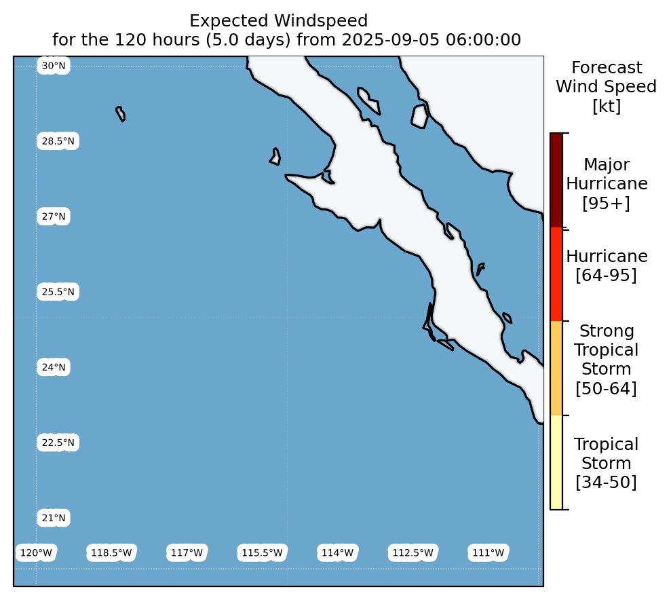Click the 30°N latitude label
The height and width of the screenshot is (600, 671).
[54, 66]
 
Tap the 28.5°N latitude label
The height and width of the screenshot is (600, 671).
[58, 141]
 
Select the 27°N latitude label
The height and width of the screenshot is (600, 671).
[54, 217]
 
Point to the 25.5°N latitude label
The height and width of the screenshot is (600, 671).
[58, 292]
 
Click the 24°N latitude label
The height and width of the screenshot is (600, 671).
[54, 367]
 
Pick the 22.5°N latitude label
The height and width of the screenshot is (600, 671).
[58, 443]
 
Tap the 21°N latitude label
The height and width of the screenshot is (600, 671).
[54, 518]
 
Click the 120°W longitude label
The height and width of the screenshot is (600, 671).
[36, 553]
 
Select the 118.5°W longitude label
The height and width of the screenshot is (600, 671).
[111, 553]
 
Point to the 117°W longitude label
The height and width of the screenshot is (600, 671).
[187, 553]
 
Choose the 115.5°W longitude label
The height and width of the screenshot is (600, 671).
[262, 553]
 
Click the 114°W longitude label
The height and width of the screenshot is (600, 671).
[337, 553]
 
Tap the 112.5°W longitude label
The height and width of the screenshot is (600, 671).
[413, 553]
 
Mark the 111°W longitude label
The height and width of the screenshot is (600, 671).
[488, 553]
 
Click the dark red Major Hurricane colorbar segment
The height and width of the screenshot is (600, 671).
[556, 180]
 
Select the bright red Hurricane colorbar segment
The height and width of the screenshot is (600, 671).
[556, 274]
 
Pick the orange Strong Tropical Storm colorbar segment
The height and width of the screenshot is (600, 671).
[556, 369]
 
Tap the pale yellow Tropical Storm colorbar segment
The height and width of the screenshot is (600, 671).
[556, 463]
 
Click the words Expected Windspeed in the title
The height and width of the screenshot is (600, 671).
[279, 21]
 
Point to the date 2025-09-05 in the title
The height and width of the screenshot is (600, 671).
[391, 40]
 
